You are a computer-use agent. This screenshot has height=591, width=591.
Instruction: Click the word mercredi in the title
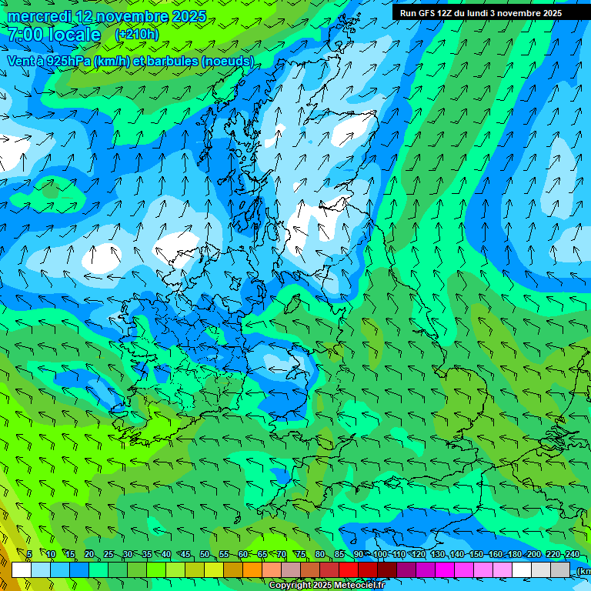pyautogui.click(x=39, y=16)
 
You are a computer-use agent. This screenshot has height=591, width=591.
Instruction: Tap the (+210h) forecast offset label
pyautogui.click(x=137, y=35)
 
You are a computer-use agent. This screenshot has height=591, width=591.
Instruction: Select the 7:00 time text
pyautogui.click(x=25, y=35)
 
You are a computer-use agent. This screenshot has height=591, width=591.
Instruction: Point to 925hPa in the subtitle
pyautogui.click(x=67, y=61)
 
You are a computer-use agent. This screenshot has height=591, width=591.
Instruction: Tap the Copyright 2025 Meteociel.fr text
pyautogui.click(x=326, y=585)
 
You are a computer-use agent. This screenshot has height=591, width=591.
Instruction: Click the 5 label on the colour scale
pyautogui.click(x=29, y=554)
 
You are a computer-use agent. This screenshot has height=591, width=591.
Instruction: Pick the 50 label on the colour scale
pyautogui.click(x=205, y=554)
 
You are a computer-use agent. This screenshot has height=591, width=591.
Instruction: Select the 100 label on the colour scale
pyautogui.click(x=380, y=554)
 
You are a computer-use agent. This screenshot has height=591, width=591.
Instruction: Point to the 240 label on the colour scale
pyautogui.click(x=573, y=554)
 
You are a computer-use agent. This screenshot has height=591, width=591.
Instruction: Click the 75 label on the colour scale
pyautogui.click(x=301, y=554)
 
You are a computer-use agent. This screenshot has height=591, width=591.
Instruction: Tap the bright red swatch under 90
pyautogui.click(x=349, y=569)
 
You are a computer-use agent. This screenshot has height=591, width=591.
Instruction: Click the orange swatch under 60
pyautogui.click(x=233, y=569)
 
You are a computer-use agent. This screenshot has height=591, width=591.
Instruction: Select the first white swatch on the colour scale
pyautogui.click(x=22, y=569)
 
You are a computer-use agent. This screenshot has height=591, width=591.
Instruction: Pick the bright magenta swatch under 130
pyautogui.click(x=445, y=569)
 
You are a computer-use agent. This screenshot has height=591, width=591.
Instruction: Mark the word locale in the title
pyautogui.click(x=74, y=35)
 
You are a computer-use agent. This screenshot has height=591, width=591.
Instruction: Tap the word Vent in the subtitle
pyautogui.click(x=20, y=61)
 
